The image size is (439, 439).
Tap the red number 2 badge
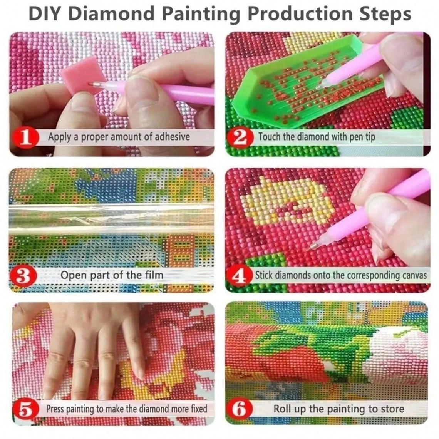[240, 137]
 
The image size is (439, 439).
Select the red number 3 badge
[23, 276]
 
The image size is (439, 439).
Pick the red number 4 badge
[240, 276]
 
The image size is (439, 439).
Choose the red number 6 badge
[240, 409]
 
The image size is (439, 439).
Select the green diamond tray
[293, 89]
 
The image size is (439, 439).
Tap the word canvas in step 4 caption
[413, 276]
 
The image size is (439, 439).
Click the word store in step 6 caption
[392, 409]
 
